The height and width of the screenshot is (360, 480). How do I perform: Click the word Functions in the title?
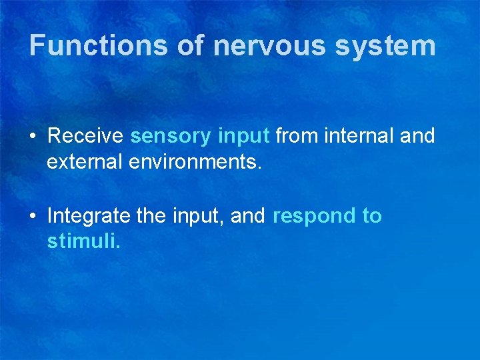[99, 45]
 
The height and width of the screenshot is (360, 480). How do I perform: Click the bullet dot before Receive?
[32, 137]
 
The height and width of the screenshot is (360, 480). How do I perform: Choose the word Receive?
[85, 136]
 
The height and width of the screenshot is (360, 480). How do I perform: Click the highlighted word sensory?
[171, 136]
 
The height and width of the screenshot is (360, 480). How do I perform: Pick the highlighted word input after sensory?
[243, 136]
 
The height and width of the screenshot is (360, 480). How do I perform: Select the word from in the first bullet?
[297, 136]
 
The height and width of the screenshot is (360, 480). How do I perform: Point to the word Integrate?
[88, 216]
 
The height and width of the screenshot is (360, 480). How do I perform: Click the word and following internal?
[418, 136]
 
